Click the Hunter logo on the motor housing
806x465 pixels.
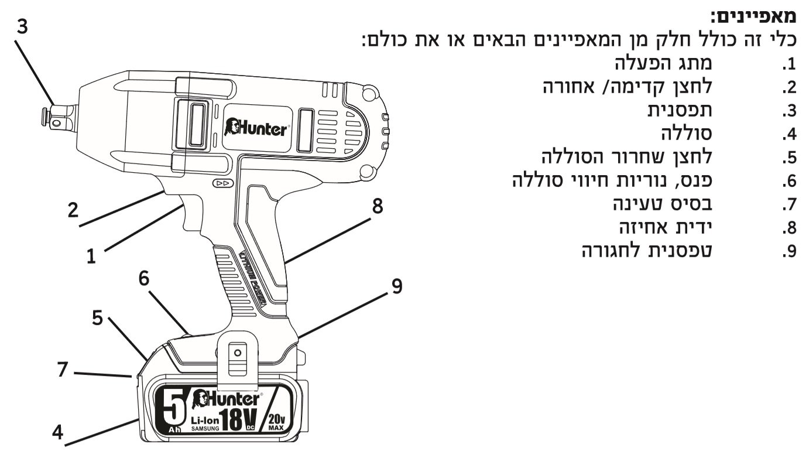point(256,126)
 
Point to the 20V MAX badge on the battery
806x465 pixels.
point(276,421)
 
